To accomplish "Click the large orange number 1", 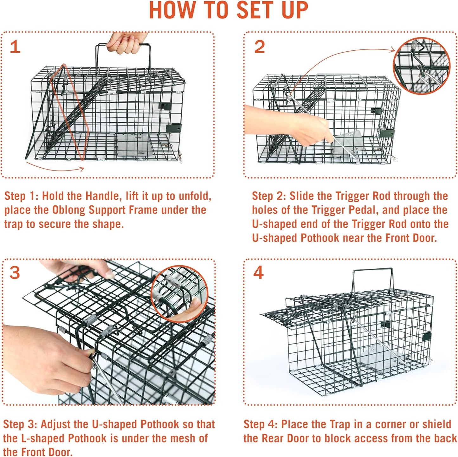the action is tap(15, 47).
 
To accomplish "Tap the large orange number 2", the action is tap(259, 47).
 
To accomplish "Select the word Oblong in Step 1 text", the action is tap(68, 210).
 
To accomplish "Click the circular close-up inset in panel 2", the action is tap(422, 66).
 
